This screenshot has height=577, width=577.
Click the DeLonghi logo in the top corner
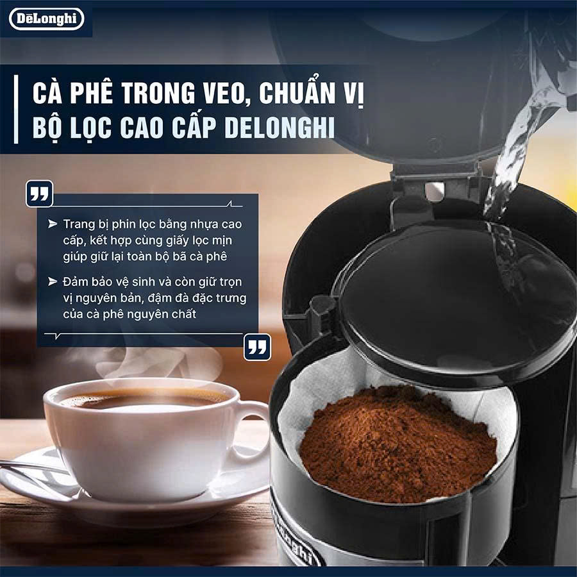coord(47,19)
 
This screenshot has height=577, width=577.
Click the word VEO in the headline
coord(224,93)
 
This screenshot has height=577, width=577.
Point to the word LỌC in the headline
coord(90,128)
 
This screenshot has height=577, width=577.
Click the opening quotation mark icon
coord(39,194)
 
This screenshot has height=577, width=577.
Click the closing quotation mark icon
coord(257,347)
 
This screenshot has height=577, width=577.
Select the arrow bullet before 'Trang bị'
coord(53,224)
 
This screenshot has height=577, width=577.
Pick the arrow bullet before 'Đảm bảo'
coord(53,281)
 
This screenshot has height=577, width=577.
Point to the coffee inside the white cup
coord(144,399)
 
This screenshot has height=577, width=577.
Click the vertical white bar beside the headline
coord(16,109)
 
